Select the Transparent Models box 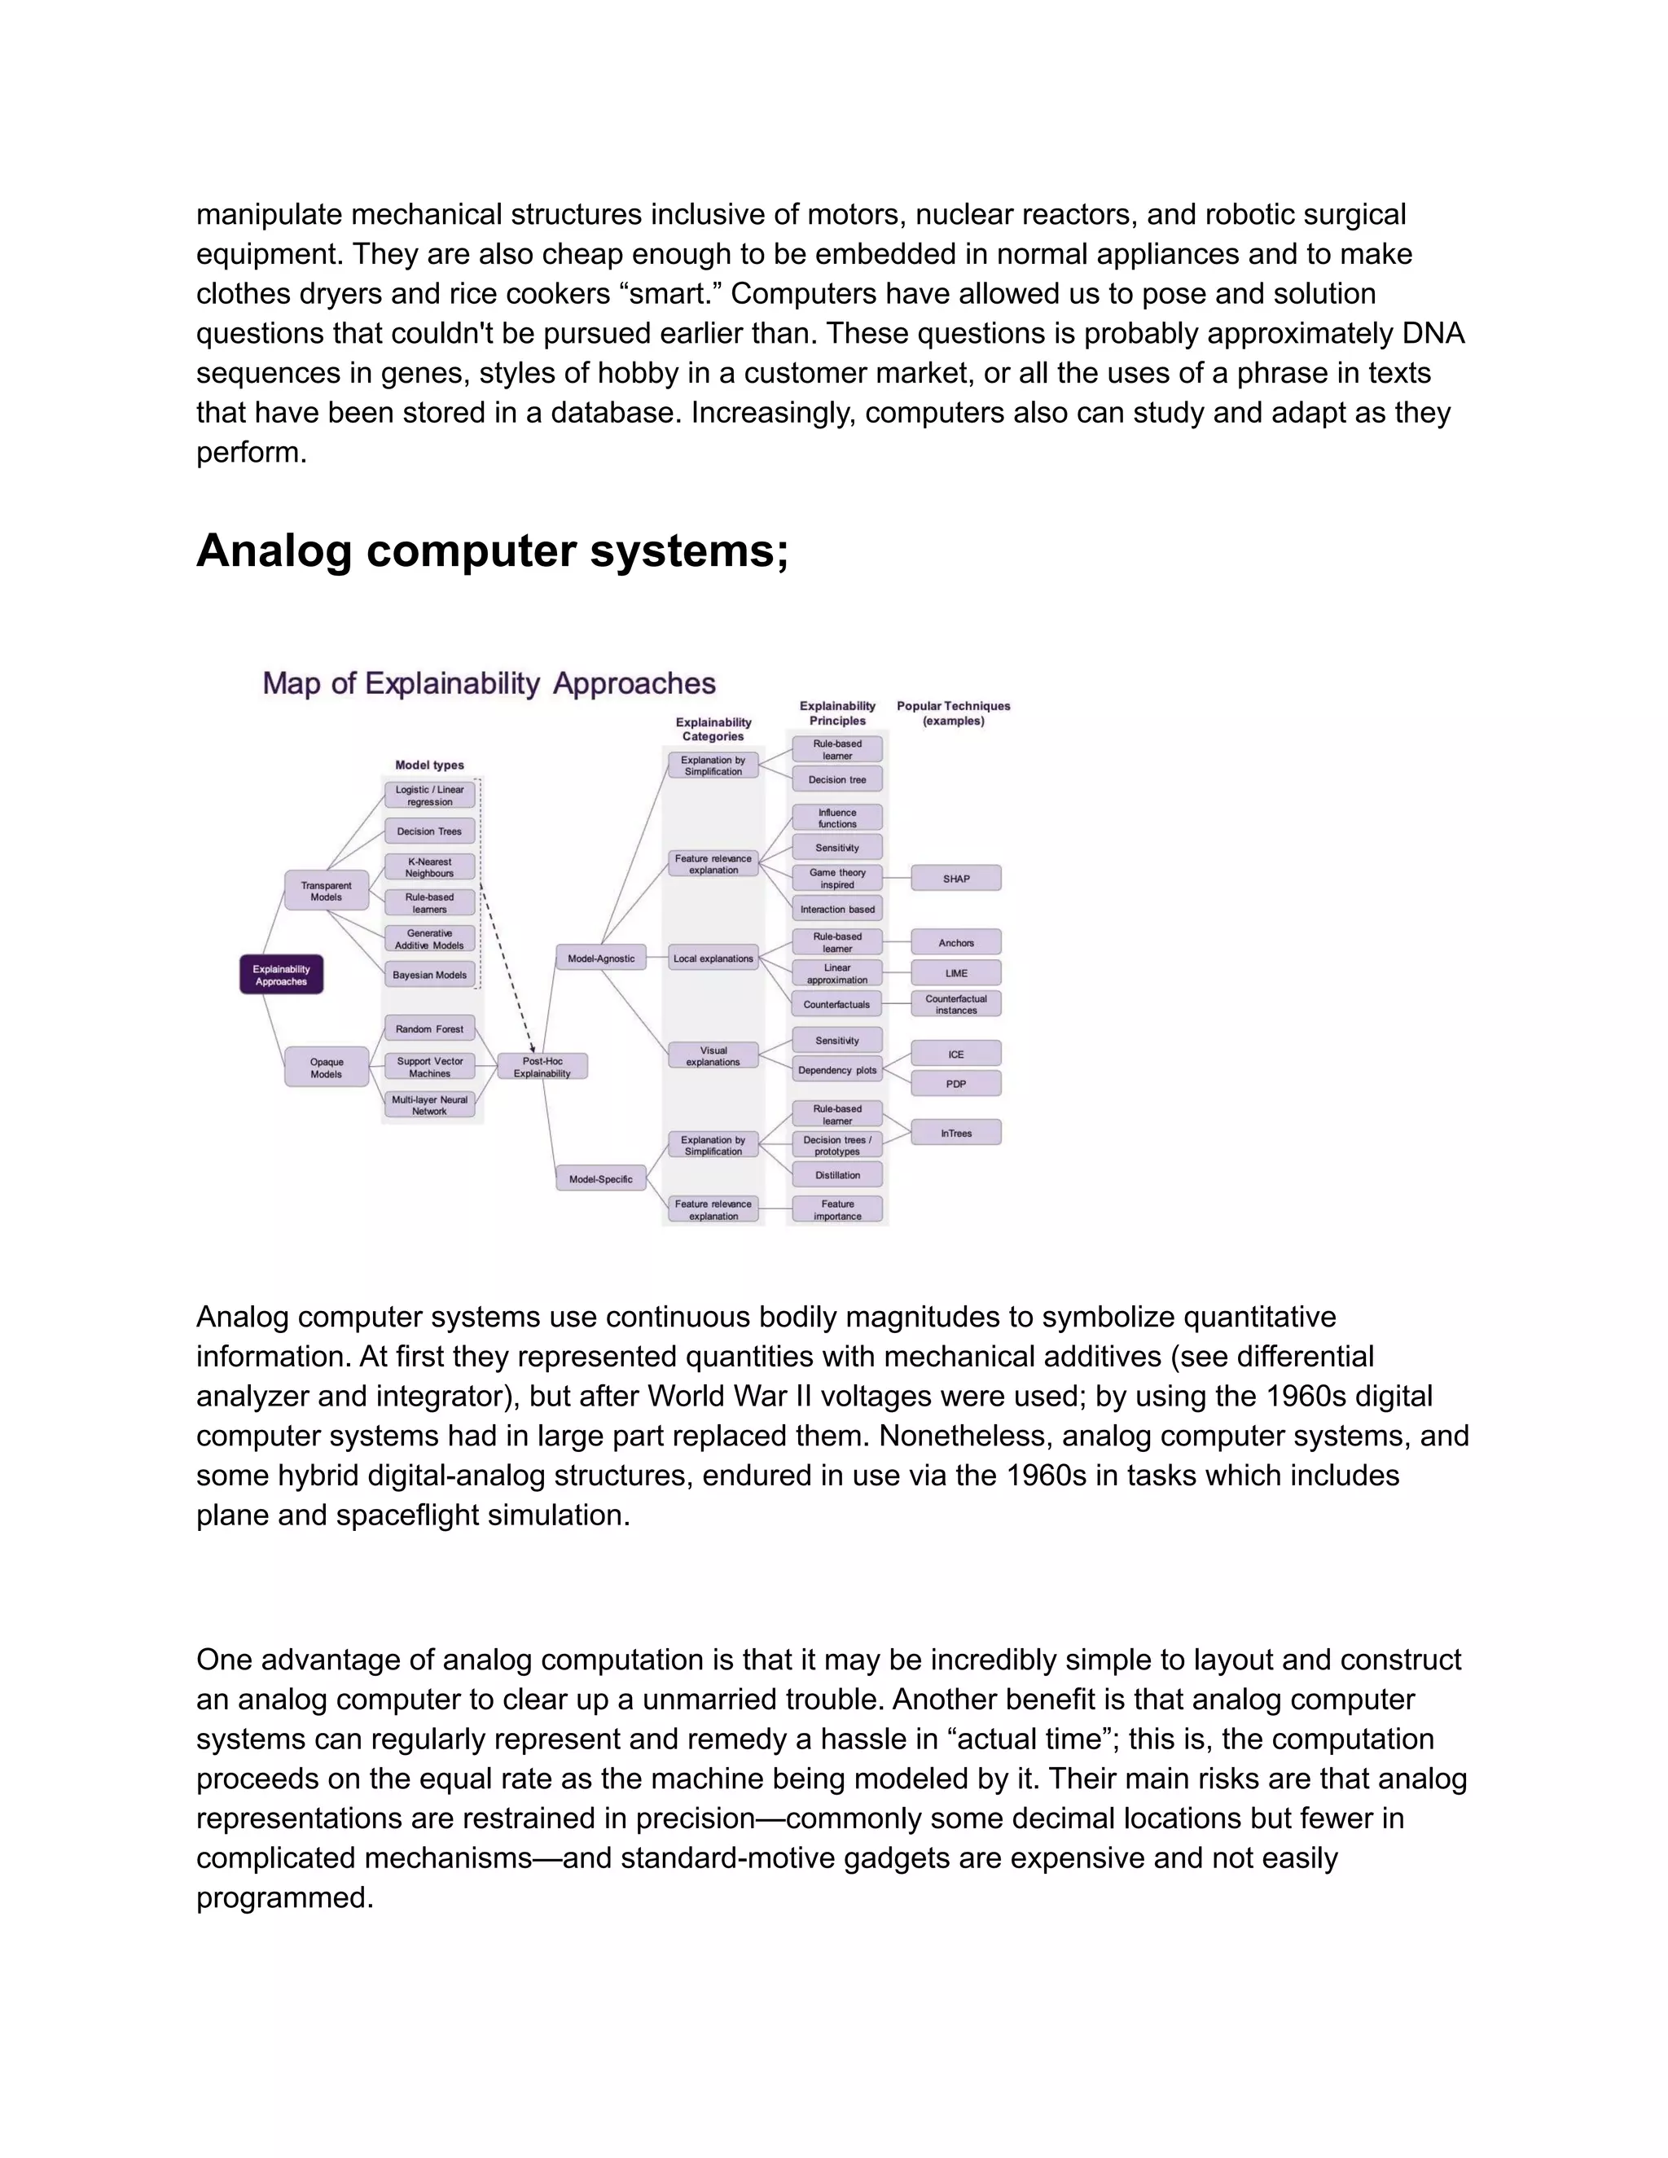pyautogui.click(x=326, y=890)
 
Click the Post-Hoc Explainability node pyautogui.click(x=542, y=1066)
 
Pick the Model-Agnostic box pyautogui.click(x=601, y=958)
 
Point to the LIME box pyautogui.click(x=955, y=972)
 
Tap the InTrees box pyautogui.click(x=955, y=1133)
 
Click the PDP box pyautogui.click(x=955, y=1083)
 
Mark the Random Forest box pyautogui.click(x=429, y=1029)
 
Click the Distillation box pyautogui.click(x=837, y=1175)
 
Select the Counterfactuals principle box pyautogui.click(x=837, y=1004)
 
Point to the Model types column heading pyautogui.click(x=429, y=765)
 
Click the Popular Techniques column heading pyautogui.click(x=954, y=713)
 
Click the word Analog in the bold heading pyautogui.click(x=274, y=550)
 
